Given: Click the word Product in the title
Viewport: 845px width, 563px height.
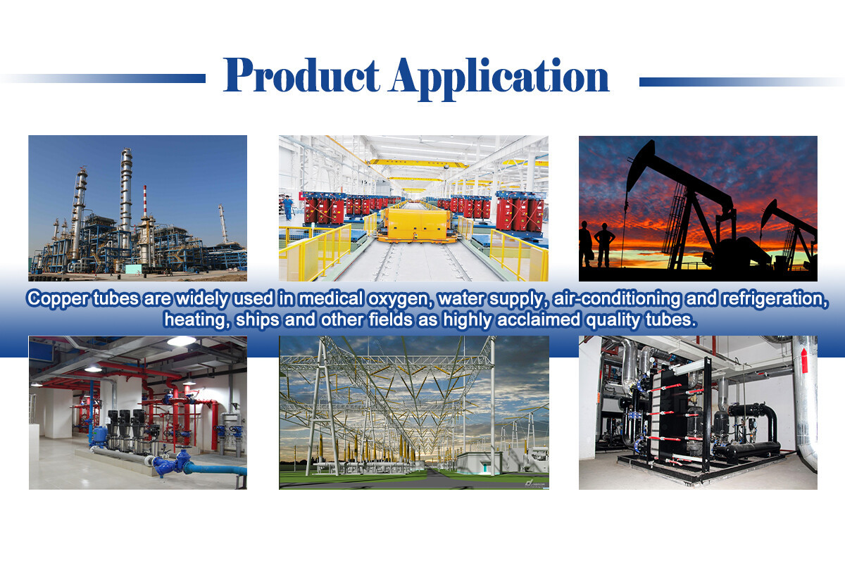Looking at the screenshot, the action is (x=301, y=75).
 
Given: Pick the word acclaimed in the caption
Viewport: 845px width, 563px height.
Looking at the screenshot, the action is (x=538, y=320).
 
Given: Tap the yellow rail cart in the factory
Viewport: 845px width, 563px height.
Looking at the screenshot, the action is (x=414, y=224).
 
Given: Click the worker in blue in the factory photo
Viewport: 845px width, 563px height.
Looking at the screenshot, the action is (x=288, y=207).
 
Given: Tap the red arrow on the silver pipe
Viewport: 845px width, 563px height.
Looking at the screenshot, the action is (x=804, y=360).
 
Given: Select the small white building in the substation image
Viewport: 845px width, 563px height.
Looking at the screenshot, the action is (x=480, y=463).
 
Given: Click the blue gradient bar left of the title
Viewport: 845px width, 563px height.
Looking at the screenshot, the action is (x=103, y=78).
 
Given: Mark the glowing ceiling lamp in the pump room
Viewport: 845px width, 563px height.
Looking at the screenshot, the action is (x=182, y=341).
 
